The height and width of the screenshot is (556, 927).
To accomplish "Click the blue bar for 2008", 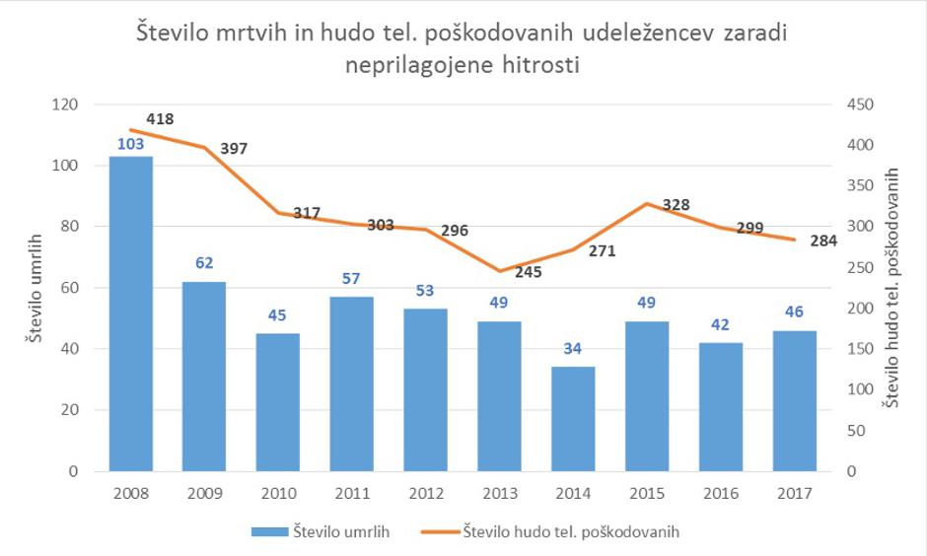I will [x=130, y=313].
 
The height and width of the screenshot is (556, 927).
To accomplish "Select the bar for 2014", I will [x=573, y=419].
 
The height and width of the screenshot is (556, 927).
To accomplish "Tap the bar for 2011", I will [x=352, y=383].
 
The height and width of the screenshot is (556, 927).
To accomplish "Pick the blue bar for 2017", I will [x=795, y=400].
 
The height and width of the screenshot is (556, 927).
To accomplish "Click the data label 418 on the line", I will [x=160, y=119].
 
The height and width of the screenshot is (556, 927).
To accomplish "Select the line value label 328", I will [x=676, y=205].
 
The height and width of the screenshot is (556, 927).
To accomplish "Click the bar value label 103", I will [x=130, y=144].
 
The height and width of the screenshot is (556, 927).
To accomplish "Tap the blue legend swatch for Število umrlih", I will [x=268, y=532].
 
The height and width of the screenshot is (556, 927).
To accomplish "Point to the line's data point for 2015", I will [x=647, y=204].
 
